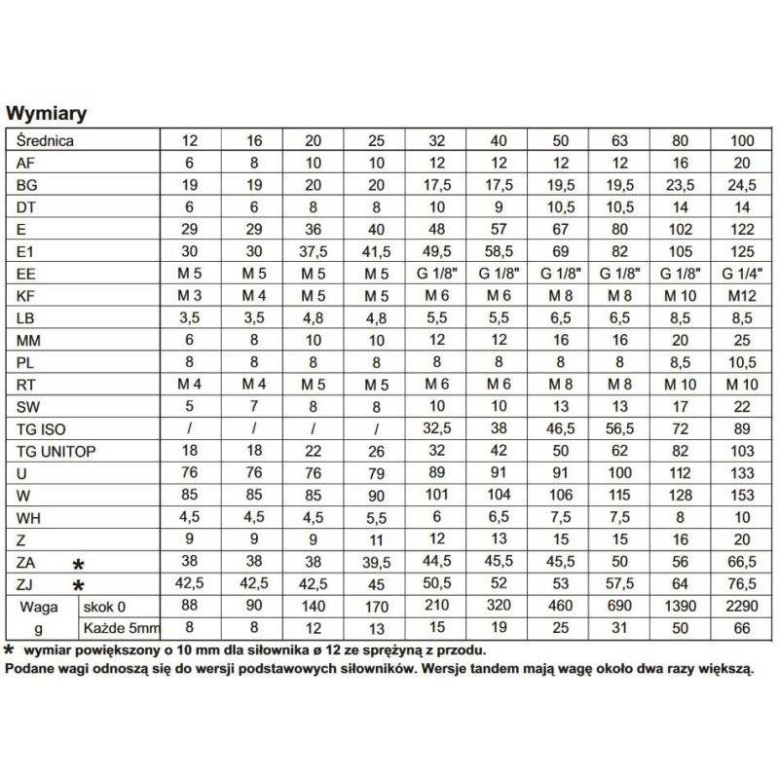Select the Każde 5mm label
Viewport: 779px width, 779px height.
click(115, 628)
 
